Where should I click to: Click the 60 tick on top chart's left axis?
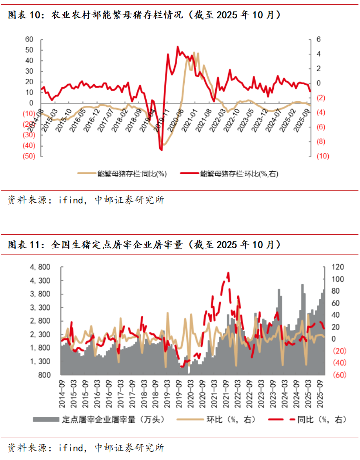click(29, 40)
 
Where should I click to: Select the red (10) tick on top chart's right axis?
click(323, 156)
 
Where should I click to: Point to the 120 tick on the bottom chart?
click(338, 267)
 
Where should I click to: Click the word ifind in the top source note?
click(71, 200)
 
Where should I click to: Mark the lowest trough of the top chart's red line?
click(161, 149)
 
